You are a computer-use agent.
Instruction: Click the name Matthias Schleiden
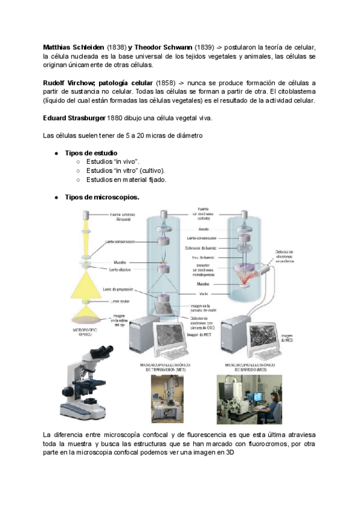tap(74, 47)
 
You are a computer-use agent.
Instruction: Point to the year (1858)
tap(167, 82)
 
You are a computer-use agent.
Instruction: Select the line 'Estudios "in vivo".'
tap(113, 162)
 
